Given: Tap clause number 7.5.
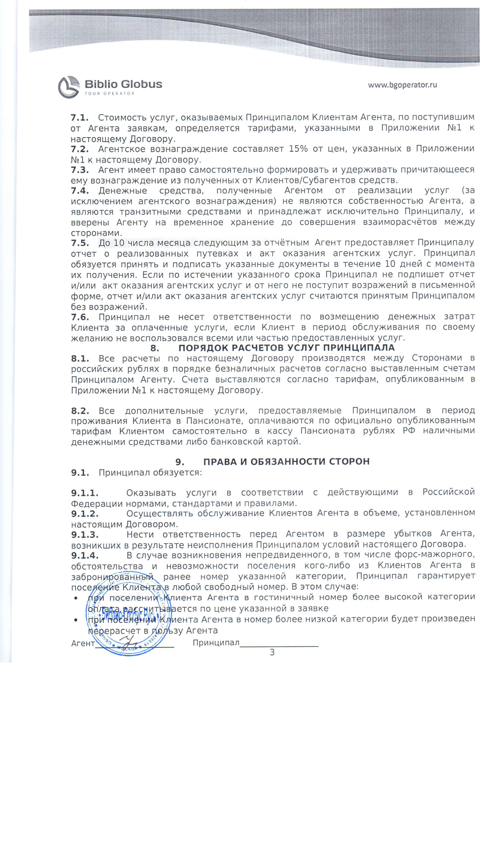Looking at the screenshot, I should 80,243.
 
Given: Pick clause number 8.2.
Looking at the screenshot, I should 80,411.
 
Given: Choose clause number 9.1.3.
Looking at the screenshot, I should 85,535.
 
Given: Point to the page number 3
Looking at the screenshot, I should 272,652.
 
